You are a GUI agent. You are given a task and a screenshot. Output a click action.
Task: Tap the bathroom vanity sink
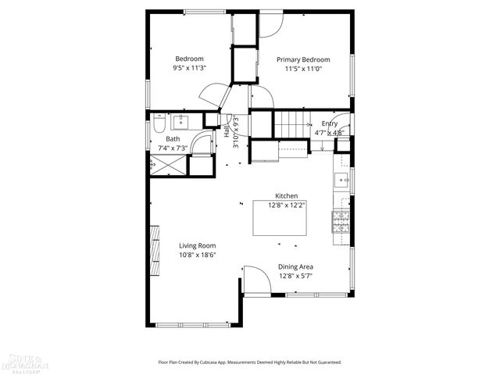point(181,121)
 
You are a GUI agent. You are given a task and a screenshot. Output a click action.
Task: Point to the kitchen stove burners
point(341,222)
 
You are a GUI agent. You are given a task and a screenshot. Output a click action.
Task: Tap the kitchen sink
point(341,180)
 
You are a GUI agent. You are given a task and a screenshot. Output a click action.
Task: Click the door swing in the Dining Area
point(255,279)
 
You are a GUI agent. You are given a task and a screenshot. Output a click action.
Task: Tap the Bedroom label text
point(189,59)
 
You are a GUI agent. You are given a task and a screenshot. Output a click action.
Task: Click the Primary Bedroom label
point(303,59)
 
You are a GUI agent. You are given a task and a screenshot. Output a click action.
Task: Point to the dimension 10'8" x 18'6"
point(197,255)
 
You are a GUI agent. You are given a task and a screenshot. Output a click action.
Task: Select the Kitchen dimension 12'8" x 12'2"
point(287,205)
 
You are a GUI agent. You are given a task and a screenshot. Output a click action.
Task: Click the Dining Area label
point(296,266)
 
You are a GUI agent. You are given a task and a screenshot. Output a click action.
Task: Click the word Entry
point(330,123)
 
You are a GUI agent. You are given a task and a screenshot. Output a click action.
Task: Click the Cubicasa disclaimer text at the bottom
point(250,362)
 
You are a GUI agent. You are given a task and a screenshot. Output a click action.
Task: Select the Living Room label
point(197,245)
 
